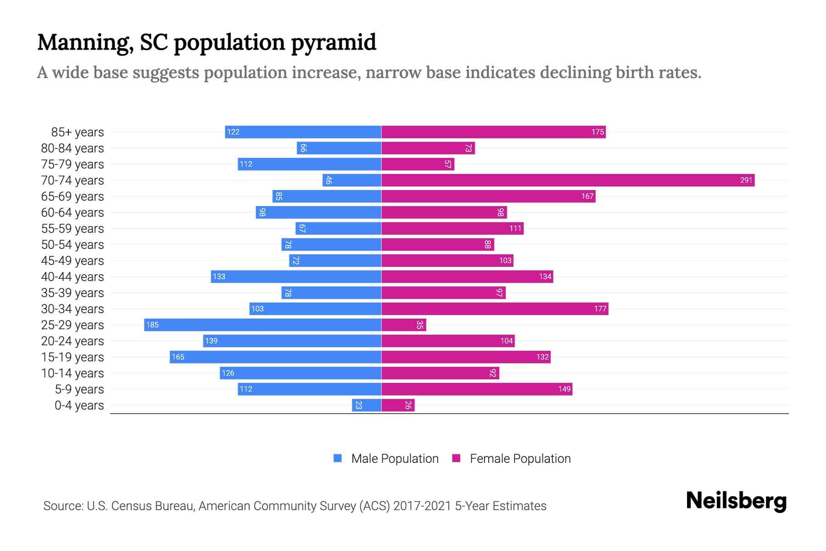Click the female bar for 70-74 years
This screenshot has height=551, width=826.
pyautogui.click(x=568, y=180)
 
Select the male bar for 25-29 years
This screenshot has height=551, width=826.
pyautogui.click(x=262, y=325)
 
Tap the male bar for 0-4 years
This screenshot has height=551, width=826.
pyautogui.click(x=367, y=405)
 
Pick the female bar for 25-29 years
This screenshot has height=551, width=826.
pyautogui.click(x=404, y=325)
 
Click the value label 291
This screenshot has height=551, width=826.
pyautogui.click(x=746, y=180)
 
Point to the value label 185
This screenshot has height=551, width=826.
pyautogui.click(x=152, y=325)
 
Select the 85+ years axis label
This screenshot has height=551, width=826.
pyautogui.click(x=78, y=132)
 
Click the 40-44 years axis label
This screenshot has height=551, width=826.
pyautogui.click(x=73, y=277)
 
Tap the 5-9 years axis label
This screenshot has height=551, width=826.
pyautogui.click(x=79, y=389)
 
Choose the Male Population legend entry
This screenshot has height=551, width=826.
pyautogui.click(x=395, y=458)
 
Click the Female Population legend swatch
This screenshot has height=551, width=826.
pyautogui.click(x=456, y=458)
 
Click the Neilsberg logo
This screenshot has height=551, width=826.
pyautogui.click(x=736, y=501)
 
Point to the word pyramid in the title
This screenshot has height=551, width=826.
pyautogui.click(x=334, y=43)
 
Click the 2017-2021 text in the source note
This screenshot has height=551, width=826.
pyautogui.click(x=422, y=506)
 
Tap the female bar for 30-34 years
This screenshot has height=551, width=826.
pyautogui.click(x=495, y=309)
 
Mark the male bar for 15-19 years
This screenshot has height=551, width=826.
pyautogui.click(x=275, y=357)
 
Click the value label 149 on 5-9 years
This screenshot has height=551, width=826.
pyautogui.click(x=564, y=389)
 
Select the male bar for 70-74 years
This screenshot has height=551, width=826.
pyautogui.click(x=352, y=180)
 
